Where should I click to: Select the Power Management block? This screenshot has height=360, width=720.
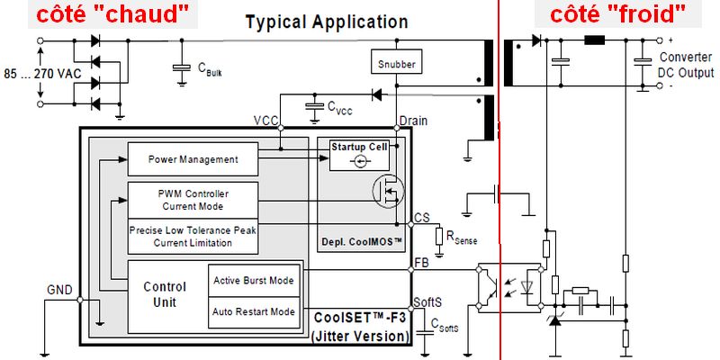pyautogui.click(x=193, y=159)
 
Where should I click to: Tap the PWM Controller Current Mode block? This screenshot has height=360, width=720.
pyautogui.click(x=193, y=199)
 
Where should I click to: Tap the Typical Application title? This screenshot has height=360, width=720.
pyautogui.click(x=327, y=22)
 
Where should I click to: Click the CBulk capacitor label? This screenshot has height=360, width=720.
pyautogui.click(x=208, y=71)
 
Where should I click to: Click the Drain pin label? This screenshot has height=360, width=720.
pyautogui.click(x=412, y=121)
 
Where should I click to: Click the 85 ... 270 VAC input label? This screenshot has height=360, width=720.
pyautogui.click(x=37, y=71)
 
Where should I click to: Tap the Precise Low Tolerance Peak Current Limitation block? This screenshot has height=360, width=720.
pyautogui.click(x=193, y=236)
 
